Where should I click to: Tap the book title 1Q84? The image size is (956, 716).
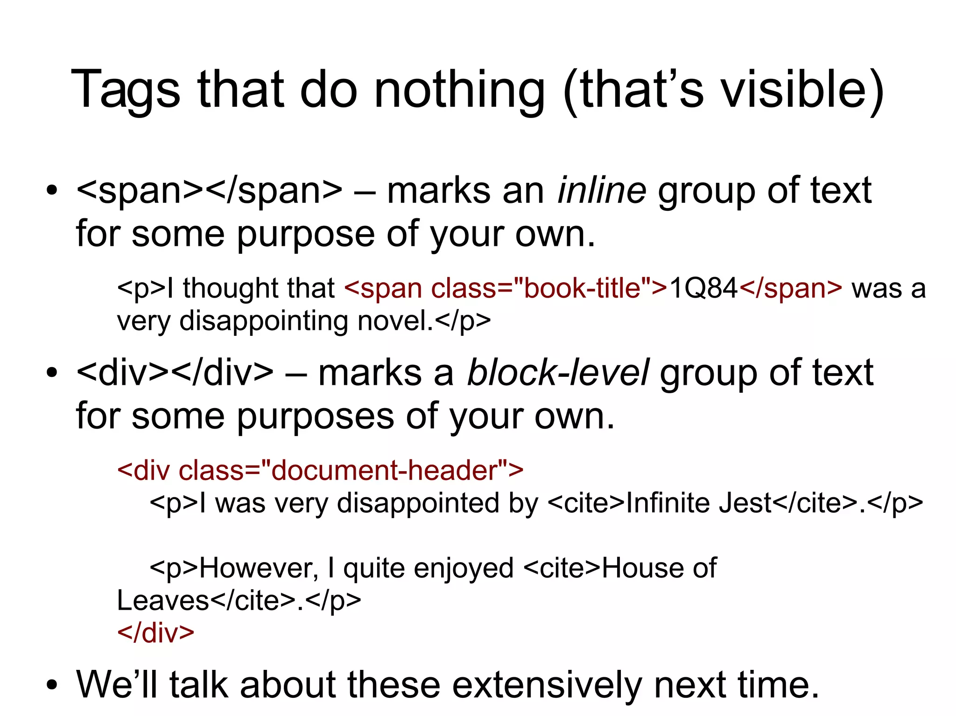[x=703, y=288]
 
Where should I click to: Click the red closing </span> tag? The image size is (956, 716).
[x=791, y=288]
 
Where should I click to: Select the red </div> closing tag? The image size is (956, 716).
[x=155, y=633]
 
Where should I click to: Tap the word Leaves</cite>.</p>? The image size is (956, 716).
[x=239, y=600]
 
